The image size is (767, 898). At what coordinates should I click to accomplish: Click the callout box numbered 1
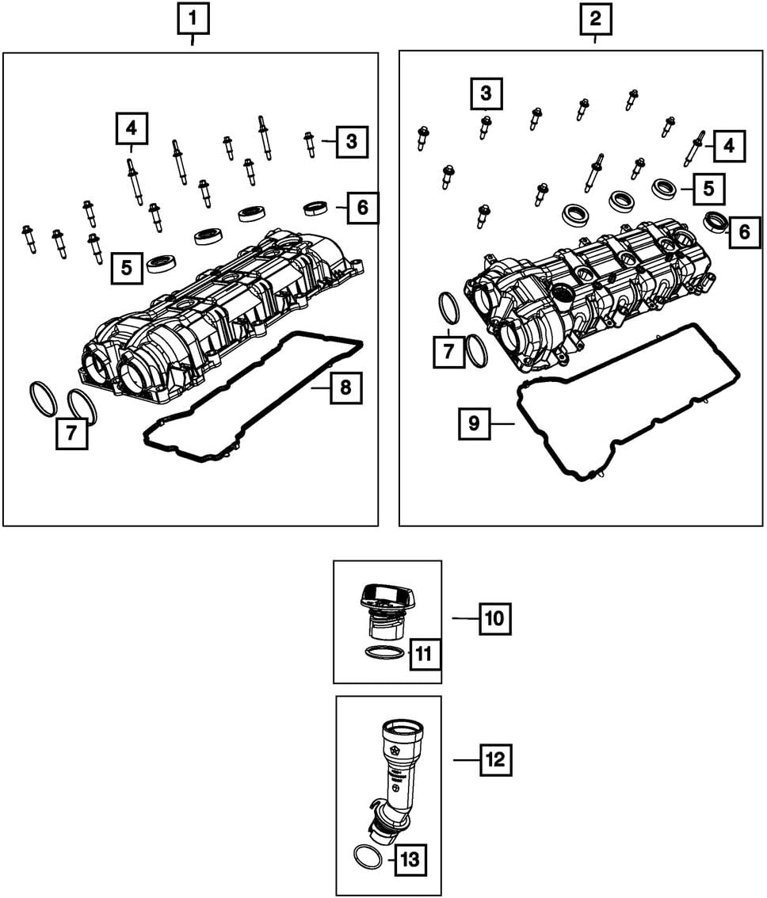[193, 19]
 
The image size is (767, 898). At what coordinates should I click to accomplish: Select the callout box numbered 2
[595, 19]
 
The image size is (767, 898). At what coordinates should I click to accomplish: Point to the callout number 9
[474, 423]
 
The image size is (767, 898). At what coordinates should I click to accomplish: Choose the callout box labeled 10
[494, 618]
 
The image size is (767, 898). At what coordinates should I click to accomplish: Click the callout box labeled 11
[424, 654]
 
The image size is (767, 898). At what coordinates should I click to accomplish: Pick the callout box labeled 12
[495, 760]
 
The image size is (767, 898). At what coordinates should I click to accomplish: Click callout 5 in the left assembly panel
[127, 268]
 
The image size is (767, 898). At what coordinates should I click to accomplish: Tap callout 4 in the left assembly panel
[131, 127]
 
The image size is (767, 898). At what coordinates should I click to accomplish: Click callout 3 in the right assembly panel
[485, 94]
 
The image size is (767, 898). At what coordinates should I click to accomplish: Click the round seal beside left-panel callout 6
[317, 208]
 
